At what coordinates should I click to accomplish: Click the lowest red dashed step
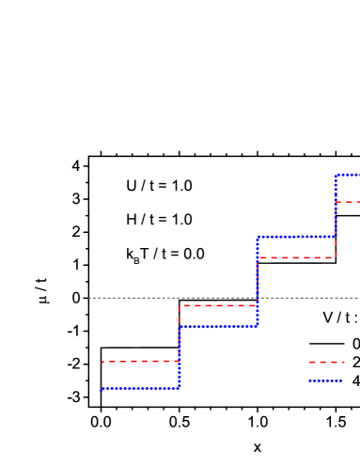(140, 362)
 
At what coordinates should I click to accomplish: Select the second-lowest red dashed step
(217, 305)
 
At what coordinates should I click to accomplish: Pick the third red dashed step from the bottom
(296, 257)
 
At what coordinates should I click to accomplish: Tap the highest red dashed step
(348, 202)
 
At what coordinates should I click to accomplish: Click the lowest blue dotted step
(140, 388)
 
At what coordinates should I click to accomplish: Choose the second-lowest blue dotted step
(217, 327)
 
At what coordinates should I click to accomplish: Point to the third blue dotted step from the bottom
(296, 237)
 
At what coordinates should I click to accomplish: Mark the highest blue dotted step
(348, 175)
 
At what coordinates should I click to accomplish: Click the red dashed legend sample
(325, 362)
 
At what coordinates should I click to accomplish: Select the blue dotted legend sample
(325, 380)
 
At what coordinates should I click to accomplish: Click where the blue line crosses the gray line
(257, 298)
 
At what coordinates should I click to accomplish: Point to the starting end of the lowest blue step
(102, 389)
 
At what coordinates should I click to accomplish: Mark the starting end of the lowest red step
(102, 362)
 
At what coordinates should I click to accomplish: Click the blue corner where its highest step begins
(336, 175)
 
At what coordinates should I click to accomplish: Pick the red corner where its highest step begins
(336, 202)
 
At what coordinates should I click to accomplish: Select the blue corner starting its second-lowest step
(179, 327)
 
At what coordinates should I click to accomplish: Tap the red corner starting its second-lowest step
(179, 305)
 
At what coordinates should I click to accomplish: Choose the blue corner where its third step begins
(257, 237)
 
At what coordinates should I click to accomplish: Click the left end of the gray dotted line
(90, 298)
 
